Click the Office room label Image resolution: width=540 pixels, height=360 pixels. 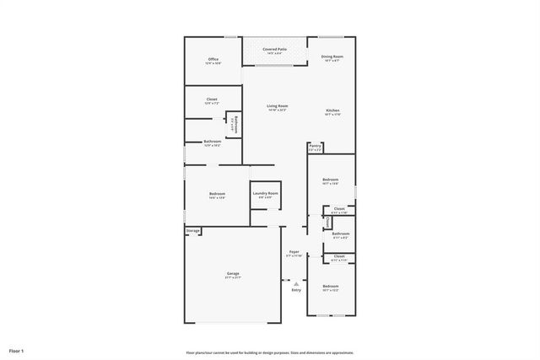(x=213, y=60)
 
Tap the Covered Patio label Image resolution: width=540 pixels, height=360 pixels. (x=273, y=50)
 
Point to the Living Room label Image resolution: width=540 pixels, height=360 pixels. (x=278, y=107)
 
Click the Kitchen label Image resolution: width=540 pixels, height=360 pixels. (x=332, y=112)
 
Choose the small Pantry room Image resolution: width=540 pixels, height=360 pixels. (x=315, y=147)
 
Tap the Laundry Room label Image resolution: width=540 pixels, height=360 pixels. (x=265, y=195)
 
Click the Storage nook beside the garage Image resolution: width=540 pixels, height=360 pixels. (x=193, y=229)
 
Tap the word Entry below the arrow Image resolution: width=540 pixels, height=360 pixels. (x=295, y=290)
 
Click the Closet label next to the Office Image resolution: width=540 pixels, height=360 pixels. (x=212, y=100)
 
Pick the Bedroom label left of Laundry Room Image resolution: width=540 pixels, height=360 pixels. (x=217, y=196)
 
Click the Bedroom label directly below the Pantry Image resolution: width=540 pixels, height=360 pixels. (x=330, y=180)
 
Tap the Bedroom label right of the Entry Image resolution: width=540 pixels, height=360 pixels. (x=330, y=288)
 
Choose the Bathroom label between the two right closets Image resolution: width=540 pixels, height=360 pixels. (x=340, y=235)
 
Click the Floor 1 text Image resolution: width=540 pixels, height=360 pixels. (x=17, y=350)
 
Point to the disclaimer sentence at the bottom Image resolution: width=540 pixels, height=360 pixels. (x=270, y=352)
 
